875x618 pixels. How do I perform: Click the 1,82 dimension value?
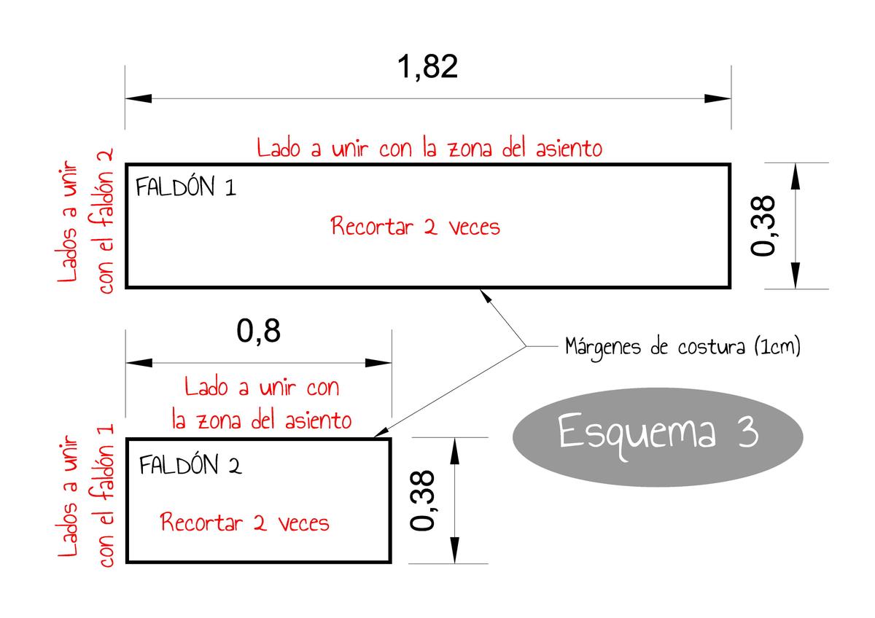pos(427,67)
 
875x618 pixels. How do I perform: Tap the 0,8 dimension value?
pos(258,332)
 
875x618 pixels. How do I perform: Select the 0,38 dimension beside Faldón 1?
pos(765,225)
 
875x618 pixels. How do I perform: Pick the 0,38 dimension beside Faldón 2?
pos(424,500)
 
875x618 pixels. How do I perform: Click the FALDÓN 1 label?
pos(186,188)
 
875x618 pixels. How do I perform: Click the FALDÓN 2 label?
pos(190,465)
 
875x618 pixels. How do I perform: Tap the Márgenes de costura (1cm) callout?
pos(682,347)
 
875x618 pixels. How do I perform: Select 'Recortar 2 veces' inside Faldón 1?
pos(416,227)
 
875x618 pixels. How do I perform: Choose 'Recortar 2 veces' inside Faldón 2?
pos(245,523)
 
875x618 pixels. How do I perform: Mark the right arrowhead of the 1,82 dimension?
pos(718,98)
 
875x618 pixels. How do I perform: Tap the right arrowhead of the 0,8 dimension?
pos(379,362)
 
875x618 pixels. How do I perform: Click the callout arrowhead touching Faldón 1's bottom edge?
pos(483,294)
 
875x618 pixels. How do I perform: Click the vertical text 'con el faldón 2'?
pos(106,222)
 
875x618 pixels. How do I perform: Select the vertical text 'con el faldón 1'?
pos(106,496)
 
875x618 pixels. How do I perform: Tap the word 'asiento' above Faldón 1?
pos(567,149)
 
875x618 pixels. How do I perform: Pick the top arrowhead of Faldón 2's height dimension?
pos(455,450)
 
